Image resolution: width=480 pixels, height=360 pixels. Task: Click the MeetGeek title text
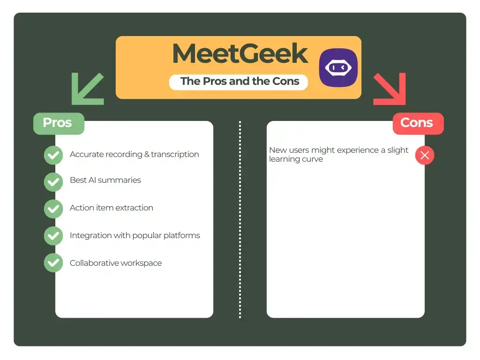[x=240, y=54]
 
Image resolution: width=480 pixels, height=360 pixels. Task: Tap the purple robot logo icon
[x=338, y=67]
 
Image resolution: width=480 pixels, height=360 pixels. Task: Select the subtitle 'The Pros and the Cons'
[x=240, y=81]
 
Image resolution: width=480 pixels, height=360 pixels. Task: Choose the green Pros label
[x=58, y=123]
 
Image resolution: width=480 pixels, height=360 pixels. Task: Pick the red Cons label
[x=417, y=123]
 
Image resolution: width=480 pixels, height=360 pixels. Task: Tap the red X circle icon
[x=425, y=155]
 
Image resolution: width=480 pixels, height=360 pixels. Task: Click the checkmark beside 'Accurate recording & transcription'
[x=53, y=155]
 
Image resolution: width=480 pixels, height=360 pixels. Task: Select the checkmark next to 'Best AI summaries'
[x=53, y=182]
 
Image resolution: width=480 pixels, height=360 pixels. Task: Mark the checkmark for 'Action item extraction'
[x=53, y=209]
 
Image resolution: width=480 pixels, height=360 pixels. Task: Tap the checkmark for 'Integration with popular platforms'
[x=53, y=236]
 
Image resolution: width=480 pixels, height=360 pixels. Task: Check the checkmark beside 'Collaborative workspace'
[x=53, y=263]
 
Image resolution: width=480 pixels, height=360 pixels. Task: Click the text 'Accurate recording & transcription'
[x=134, y=154]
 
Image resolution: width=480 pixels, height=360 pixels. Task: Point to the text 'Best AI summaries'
[x=105, y=180]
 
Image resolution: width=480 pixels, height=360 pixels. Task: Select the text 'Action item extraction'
[x=111, y=208]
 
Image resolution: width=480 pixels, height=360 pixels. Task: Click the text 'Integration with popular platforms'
[x=135, y=235]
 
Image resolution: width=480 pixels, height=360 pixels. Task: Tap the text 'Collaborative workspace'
[x=115, y=263]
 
